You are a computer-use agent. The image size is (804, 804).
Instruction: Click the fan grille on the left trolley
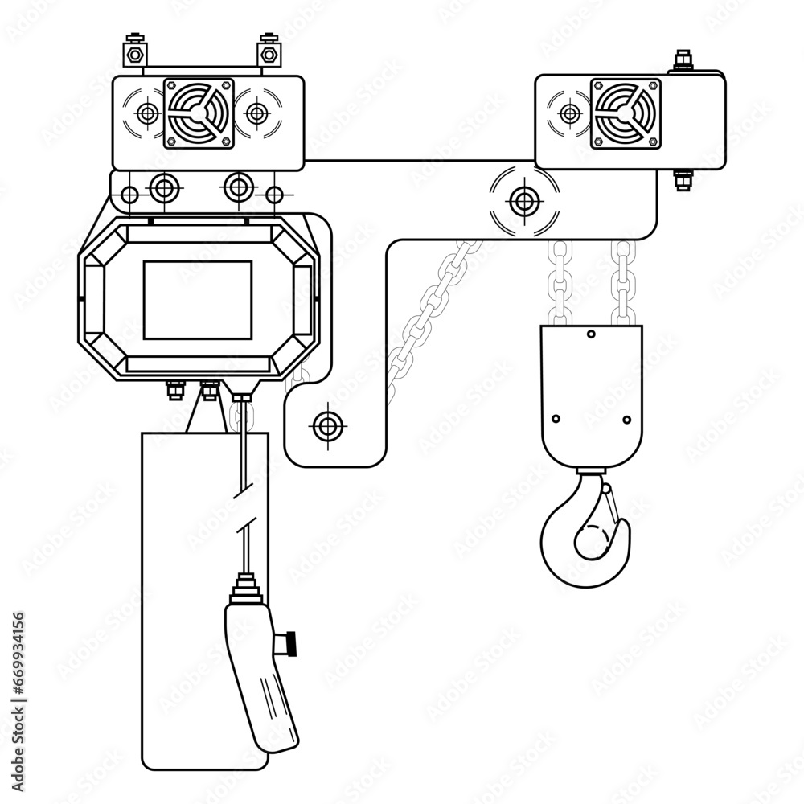coord(199,113)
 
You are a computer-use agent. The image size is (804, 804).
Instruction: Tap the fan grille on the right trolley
coord(625,113)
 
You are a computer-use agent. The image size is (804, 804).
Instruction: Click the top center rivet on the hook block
coord(592,334)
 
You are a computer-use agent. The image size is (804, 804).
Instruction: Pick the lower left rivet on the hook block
coord(556,419)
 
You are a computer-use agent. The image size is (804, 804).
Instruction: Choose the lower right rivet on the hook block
coord(627,419)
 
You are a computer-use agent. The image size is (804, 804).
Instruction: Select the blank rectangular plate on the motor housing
coord(197,298)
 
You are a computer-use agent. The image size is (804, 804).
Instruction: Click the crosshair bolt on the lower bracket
coord(326,425)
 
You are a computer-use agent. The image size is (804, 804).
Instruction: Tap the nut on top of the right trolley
coord(683,59)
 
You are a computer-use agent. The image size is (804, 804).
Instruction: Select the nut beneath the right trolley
coord(683,180)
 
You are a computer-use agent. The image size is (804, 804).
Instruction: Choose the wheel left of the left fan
coord(147,113)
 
